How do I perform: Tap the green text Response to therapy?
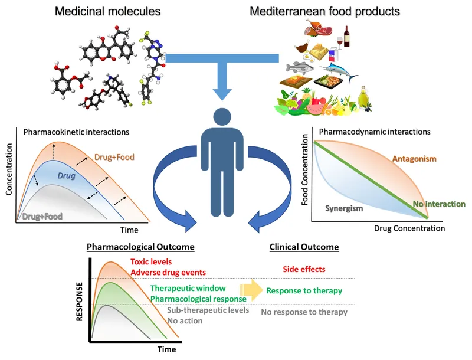[304, 291]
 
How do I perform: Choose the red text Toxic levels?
[154, 262]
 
